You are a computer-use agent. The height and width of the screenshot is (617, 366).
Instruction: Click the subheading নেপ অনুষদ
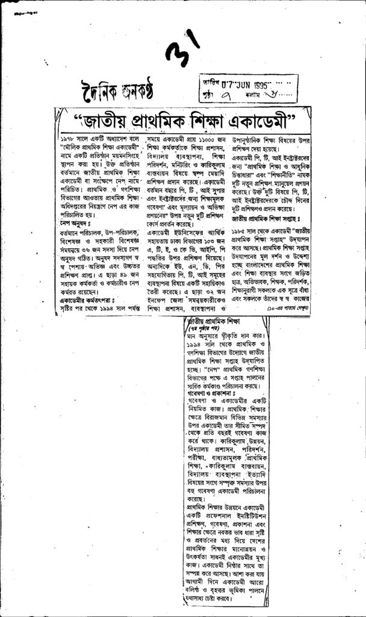click(x=75, y=222)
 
